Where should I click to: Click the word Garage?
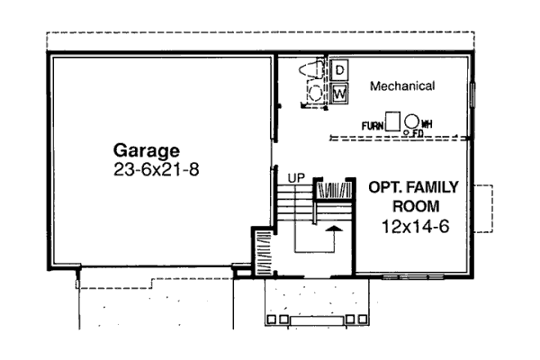tap(147, 151)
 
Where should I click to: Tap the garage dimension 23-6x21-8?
tap(157, 169)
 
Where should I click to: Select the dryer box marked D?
tap(339, 70)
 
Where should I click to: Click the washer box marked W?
tap(339, 94)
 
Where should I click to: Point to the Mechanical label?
tap(402, 85)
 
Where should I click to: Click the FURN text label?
tap(373, 126)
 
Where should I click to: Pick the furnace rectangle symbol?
tap(392, 121)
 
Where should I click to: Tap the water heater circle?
tap(411, 121)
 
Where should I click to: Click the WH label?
tap(427, 123)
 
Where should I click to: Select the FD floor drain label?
tap(418, 133)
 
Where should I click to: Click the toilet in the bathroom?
tap(311, 70)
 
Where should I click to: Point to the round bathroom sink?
tap(315, 93)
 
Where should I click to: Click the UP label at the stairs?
tap(296, 178)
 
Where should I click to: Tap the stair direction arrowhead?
tap(333, 229)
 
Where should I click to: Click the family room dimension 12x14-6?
tap(416, 227)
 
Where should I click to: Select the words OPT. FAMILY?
tap(414, 187)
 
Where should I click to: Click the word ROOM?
tap(416, 206)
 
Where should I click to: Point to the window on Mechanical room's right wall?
tap(473, 94)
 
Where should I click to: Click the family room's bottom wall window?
tap(413, 276)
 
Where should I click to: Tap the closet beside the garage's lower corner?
tap(264, 253)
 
